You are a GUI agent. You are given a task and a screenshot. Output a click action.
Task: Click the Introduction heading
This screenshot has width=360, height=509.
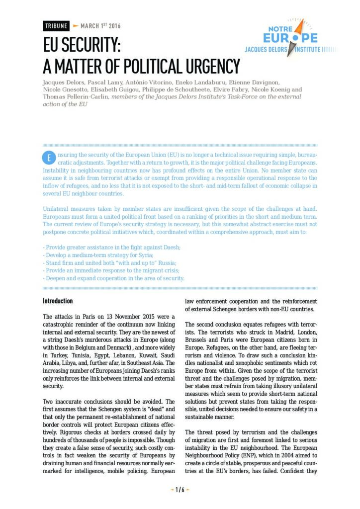point(58,301)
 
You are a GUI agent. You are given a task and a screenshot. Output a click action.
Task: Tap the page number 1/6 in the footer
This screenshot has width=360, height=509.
point(180,489)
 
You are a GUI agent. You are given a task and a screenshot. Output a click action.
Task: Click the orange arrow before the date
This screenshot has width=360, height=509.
point(76,26)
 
